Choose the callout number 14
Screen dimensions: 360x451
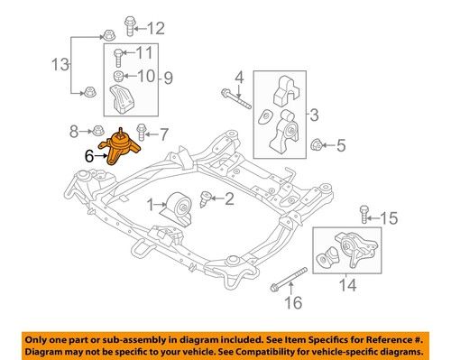coord(345,291)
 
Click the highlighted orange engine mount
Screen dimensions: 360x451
coord(118,149)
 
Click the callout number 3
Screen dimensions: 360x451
coord(312,115)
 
